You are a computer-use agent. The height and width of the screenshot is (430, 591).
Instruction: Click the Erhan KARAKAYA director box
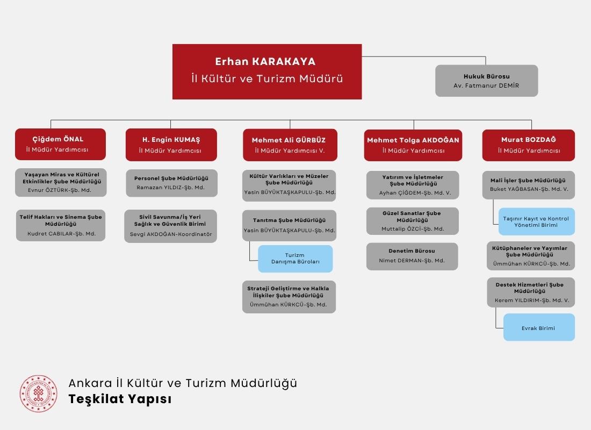coord(267,71)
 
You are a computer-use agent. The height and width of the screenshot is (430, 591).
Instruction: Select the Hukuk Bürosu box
coord(486,81)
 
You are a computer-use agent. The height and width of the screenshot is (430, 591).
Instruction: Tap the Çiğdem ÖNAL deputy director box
coord(61,144)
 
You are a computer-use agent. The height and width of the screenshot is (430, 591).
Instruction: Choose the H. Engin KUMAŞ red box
coord(171,145)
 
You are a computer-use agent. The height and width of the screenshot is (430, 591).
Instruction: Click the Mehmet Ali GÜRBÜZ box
coord(290,145)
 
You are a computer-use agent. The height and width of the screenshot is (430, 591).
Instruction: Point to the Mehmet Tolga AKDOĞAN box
coord(413,145)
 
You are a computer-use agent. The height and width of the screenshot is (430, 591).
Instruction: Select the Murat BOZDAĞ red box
coord(528,145)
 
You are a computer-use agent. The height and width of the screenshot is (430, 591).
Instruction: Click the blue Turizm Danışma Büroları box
coord(295,259)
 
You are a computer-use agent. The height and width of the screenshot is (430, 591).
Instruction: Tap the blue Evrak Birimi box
coord(538,328)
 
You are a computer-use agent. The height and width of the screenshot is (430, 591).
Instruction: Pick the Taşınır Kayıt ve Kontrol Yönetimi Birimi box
coord(536,221)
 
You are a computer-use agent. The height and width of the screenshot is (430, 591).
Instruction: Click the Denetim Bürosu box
coord(412,256)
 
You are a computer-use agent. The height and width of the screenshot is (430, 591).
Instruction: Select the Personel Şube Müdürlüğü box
coord(171,183)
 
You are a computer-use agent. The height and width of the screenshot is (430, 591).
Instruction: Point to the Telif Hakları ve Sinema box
coord(61,225)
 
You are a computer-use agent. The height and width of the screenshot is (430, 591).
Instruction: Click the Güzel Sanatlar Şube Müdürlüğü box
coord(412,221)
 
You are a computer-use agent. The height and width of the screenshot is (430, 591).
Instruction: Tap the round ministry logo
coord(38,393)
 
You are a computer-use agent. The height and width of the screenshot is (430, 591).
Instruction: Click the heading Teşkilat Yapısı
coord(120,399)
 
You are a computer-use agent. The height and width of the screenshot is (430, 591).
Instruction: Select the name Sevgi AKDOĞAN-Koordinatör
coord(171,234)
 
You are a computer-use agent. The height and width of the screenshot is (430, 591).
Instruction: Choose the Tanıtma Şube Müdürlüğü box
coord(289,225)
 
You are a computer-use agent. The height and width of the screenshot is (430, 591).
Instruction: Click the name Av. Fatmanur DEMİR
coord(486,86)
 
